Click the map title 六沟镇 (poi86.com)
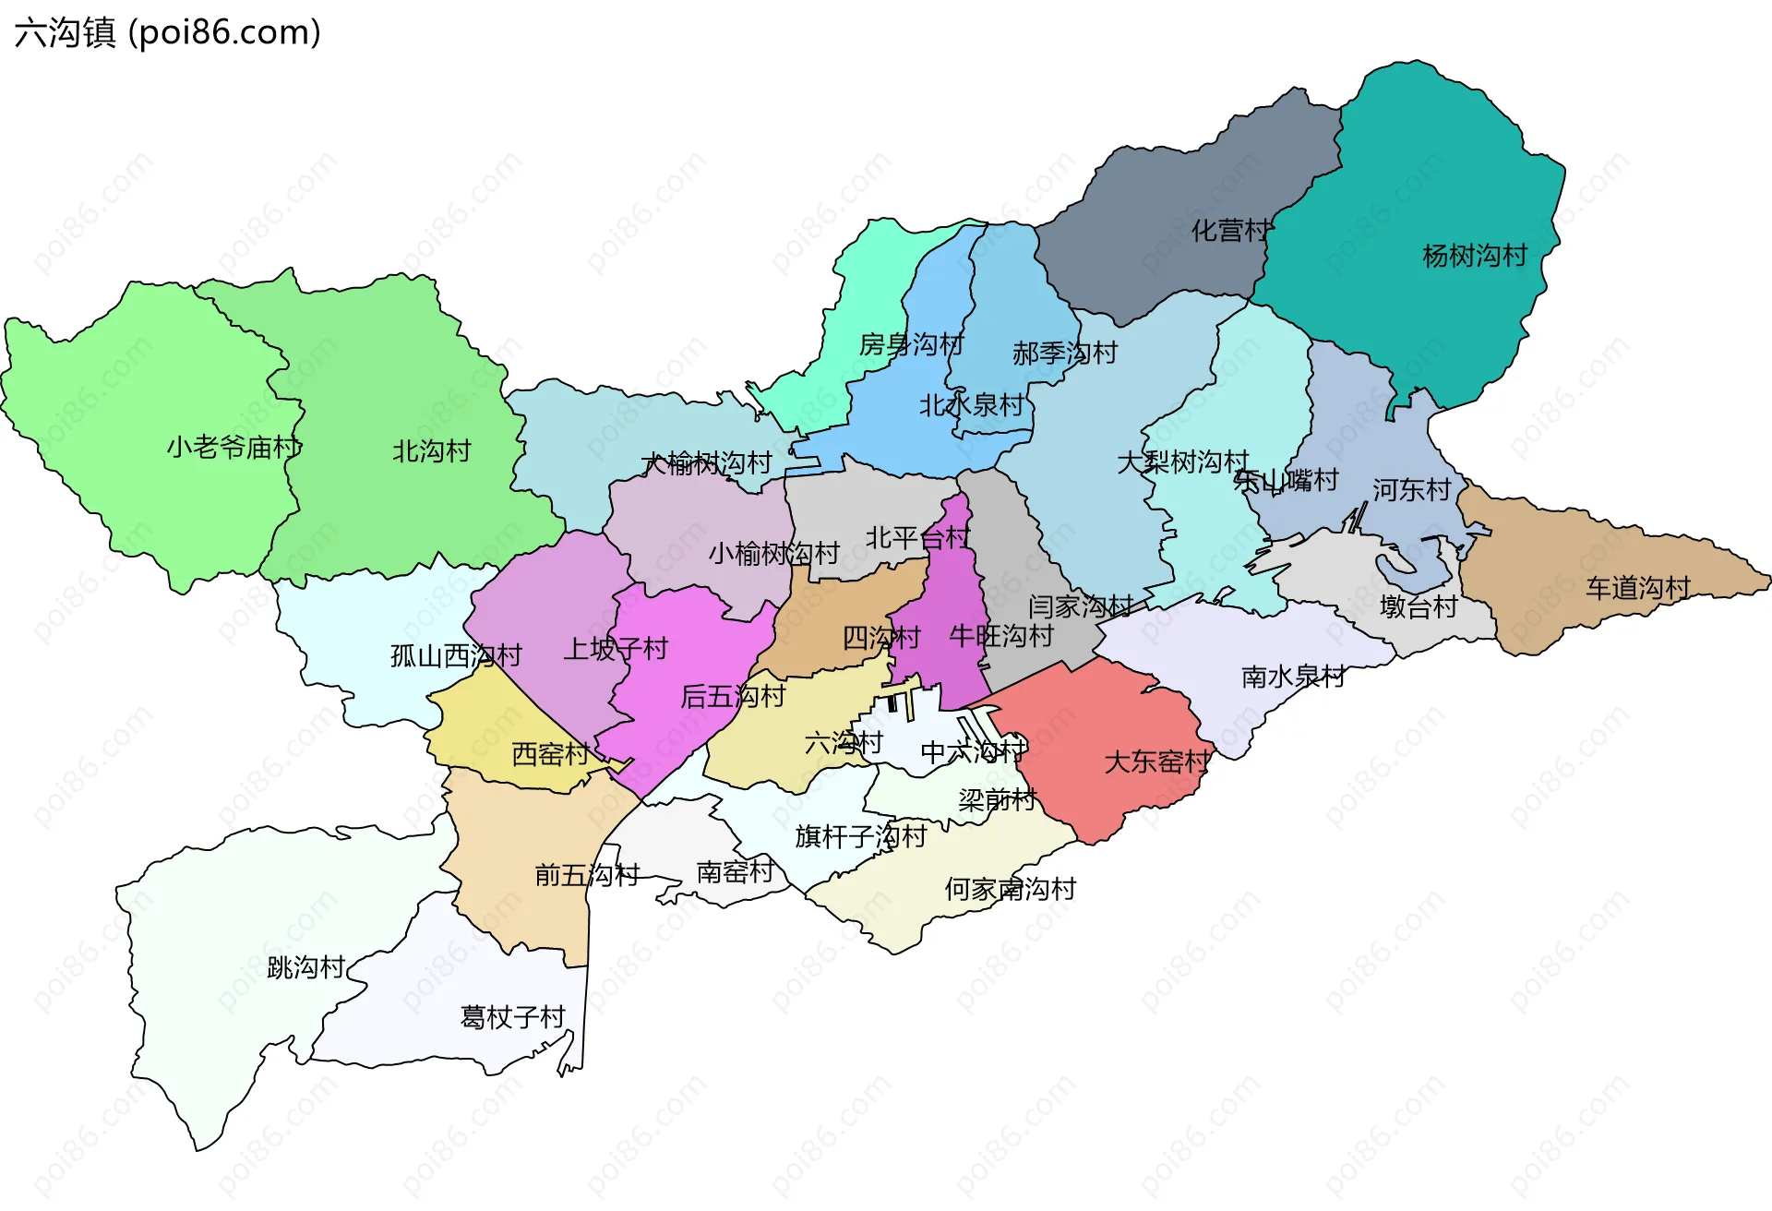[x=167, y=32]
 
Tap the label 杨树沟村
[x=1474, y=256]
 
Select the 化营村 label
[x=1230, y=231]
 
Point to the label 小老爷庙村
[x=234, y=448]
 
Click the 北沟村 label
[x=431, y=451]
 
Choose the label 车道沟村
[x=1637, y=588]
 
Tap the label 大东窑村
[x=1156, y=762]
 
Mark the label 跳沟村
[x=305, y=967]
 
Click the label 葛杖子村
[x=512, y=1017]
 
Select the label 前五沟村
[x=587, y=875]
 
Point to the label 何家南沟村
[x=1010, y=890]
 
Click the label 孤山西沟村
[x=456, y=656]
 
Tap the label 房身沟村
[x=911, y=345]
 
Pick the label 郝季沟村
[x=1064, y=354]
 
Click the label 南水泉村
[x=1292, y=677]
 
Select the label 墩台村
[x=1418, y=607]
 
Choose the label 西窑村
[x=550, y=755]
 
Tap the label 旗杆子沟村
[x=860, y=837]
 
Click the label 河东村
[x=1411, y=490]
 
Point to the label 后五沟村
[x=732, y=697]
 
